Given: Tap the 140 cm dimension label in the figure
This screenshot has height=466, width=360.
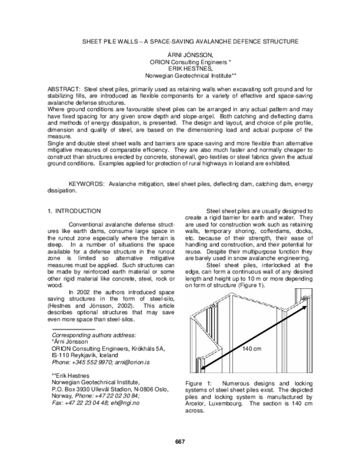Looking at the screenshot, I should point(251,348).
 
